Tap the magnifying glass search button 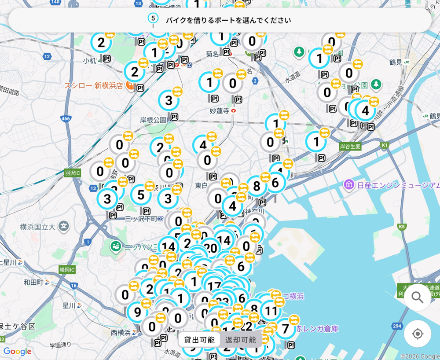click(x=417, y=298)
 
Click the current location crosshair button click(x=417, y=334)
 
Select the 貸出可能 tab click(x=199, y=340)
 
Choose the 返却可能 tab click(x=240, y=340)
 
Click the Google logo click(x=17, y=351)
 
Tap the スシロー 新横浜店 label click(x=94, y=85)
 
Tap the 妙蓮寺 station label click(x=220, y=110)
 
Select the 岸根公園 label click(x=153, y=120)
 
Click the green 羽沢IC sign click(x=72, y=173)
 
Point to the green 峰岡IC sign click(x=67, y=269)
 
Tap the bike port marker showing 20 click(x=211, y=248)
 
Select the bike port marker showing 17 click(x=214, y=286)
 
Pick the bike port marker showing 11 click(x=271, y=311)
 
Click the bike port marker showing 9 click(x=137, y=312)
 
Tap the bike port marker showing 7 click(x=285, y=328)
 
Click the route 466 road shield click(x=66, y=119)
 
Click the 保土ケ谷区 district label click(x=18, y=326)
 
